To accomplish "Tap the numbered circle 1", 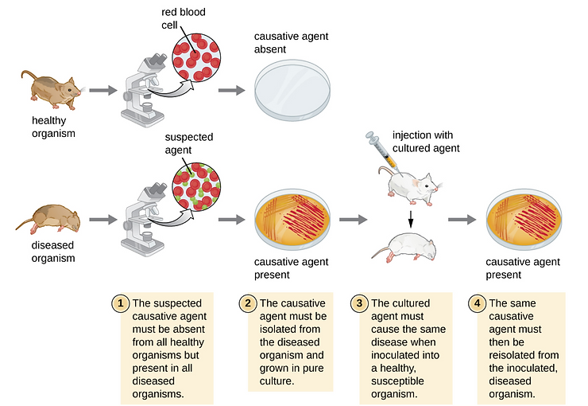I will (120, 303).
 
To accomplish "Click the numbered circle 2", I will (248, 303).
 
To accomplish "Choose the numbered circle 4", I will (478, 303).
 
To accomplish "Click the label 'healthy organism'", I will (53, 127).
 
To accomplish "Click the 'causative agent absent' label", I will (290, 43).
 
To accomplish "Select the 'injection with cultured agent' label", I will (427, 142).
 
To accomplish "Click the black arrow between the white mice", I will (410, 217).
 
